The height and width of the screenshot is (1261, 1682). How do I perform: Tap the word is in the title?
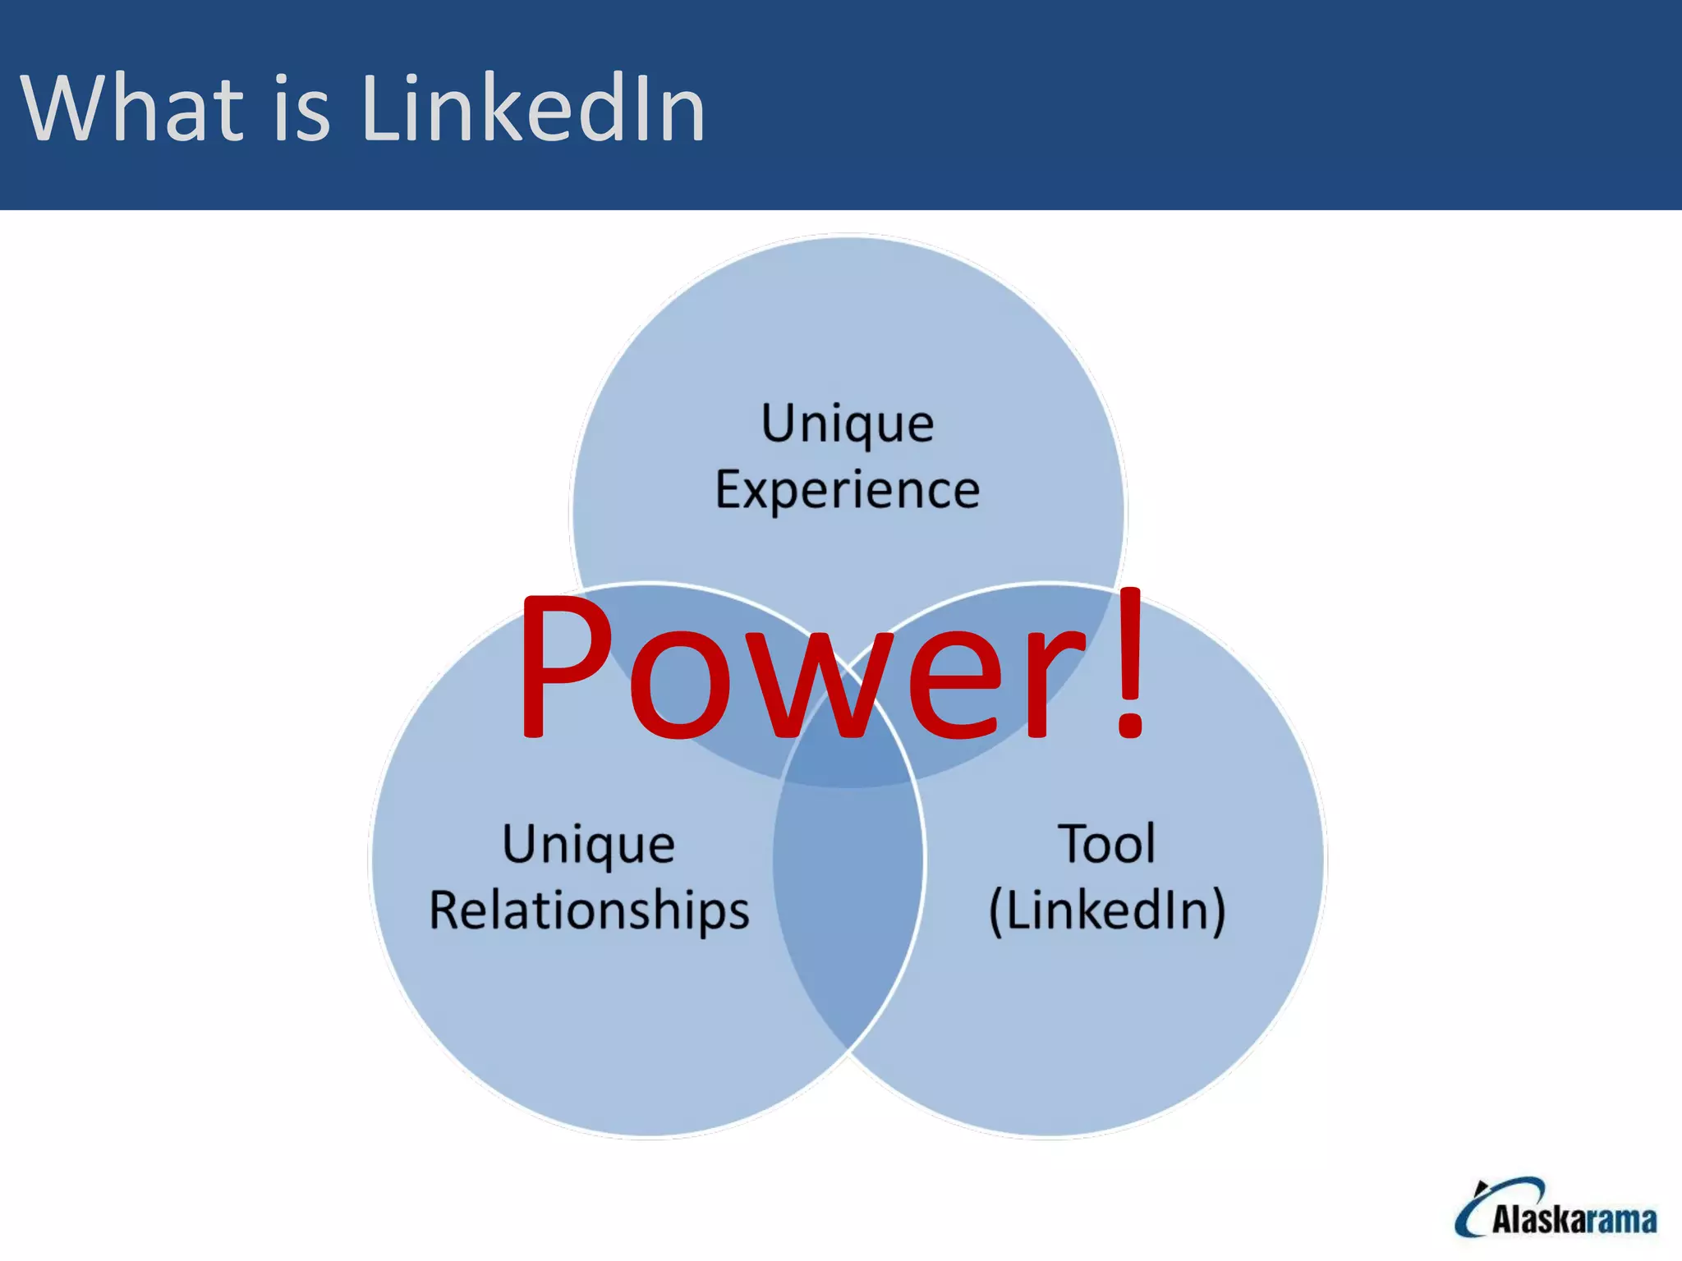301,108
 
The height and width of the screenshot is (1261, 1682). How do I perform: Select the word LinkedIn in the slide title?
533,108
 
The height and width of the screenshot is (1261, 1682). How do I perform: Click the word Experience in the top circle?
848,491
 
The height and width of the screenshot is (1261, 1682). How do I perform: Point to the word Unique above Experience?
848,424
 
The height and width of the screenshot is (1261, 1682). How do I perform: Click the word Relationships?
590,911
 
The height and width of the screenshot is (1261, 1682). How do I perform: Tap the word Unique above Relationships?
589,845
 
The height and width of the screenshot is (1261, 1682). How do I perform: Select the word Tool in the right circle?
1107,844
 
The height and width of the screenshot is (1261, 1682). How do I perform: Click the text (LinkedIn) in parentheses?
1107,911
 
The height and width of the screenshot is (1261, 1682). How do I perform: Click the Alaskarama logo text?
1574,1220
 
